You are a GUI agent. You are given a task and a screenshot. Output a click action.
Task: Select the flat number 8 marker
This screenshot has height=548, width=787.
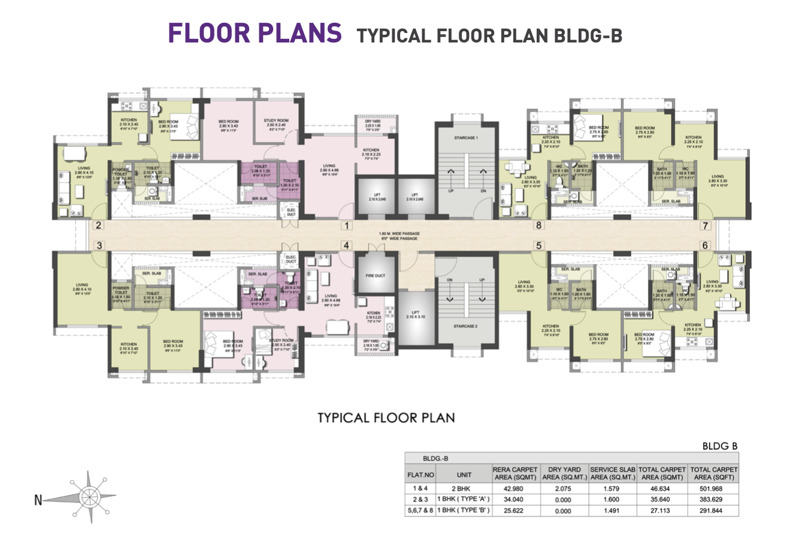[538, 226]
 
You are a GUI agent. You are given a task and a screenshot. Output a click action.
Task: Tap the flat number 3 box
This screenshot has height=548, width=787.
[100, 245]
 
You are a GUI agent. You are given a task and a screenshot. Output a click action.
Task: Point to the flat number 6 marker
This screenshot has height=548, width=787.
[705, 245]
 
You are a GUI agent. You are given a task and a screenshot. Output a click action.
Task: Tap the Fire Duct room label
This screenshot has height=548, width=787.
[376, 276]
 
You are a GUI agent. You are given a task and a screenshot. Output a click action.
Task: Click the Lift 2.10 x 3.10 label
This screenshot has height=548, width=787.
[415, 316]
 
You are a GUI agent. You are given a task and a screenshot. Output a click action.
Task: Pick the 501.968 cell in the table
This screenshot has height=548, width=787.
[713, 488]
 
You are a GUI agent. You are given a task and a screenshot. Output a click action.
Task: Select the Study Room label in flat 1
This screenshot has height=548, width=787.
[276, 121]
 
